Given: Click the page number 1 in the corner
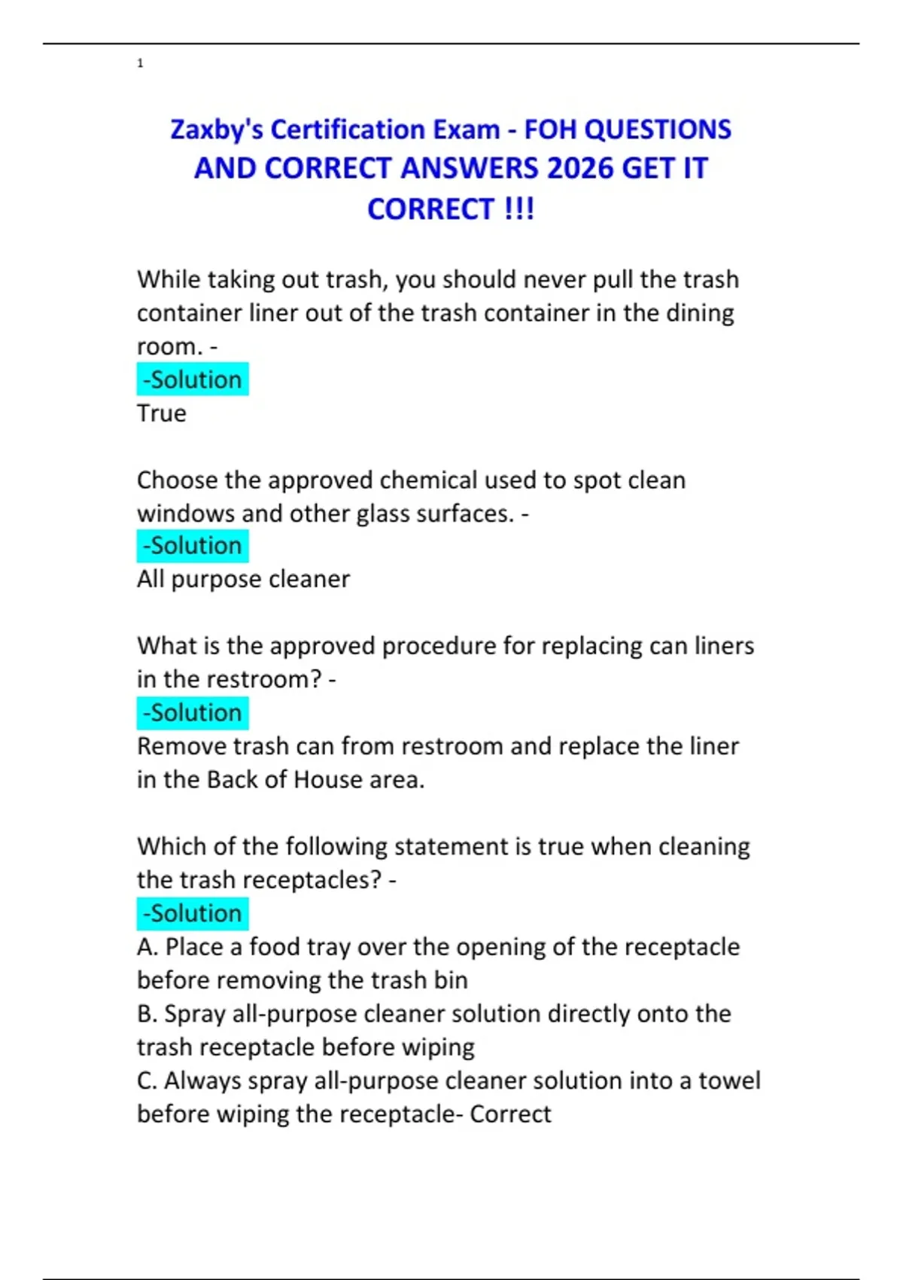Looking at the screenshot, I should (140, 63).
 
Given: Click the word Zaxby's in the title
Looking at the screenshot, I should (217, 130).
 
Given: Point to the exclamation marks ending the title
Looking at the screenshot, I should (519, 209).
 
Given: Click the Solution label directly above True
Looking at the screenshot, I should (193, 379).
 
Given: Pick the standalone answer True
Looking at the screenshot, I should (161, 413).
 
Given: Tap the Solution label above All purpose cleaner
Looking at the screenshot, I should (193, 546).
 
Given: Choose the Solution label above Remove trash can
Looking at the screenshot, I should (193, 712).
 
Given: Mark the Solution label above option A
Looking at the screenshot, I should (193, 913).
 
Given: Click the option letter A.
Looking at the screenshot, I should (146, 947).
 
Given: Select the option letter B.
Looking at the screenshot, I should (146, 1014).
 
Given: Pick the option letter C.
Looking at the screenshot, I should (146, 1080).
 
